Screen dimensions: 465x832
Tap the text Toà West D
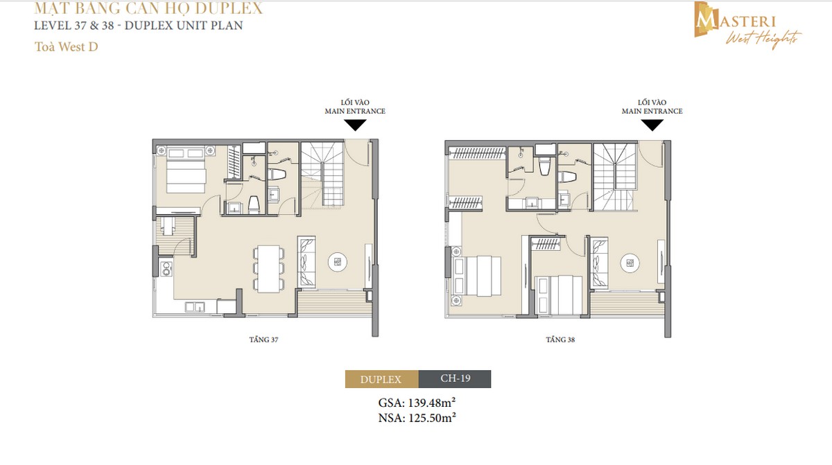point(62,49)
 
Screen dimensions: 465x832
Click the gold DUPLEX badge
point(381,379)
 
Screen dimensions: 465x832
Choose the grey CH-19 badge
point(455,379)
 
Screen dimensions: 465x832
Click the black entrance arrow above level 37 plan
point(356,125)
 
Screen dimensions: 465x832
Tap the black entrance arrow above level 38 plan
point(652,125)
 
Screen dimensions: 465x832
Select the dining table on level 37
point(268,267)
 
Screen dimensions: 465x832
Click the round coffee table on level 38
point(629,262)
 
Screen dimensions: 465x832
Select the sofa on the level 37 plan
point(306,262)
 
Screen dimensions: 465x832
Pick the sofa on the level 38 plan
point(598,263)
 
